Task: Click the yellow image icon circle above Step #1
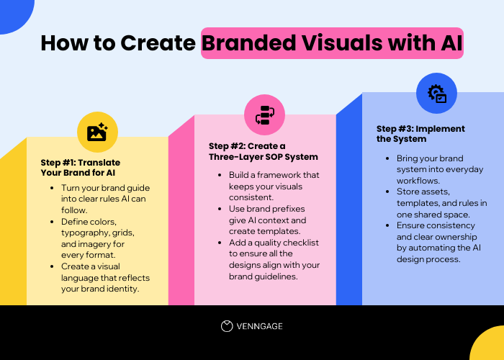tap(97, 132)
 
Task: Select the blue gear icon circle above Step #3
tap(436, 93)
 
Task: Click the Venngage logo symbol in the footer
tap(227, 326)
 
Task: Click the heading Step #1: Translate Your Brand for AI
tap(81, 167)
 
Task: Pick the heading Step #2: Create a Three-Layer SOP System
tap(263, 151)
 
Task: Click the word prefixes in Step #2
tap(288, 209)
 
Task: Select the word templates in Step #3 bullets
tap(418, 202)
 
